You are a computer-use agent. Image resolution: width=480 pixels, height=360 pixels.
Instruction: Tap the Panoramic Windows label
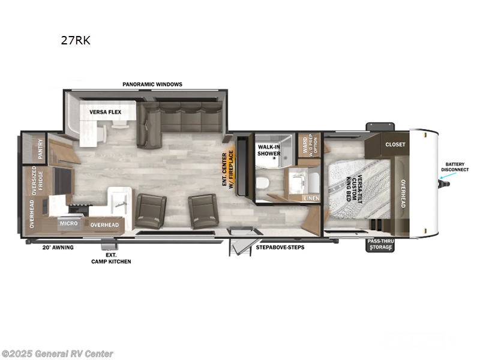point(152,85)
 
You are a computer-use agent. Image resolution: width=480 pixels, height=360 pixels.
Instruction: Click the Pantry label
point(40,148)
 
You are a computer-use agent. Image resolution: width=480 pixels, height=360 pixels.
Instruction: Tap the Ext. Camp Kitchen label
point(111,258)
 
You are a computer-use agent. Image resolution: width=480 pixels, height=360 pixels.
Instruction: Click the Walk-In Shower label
point(269,150)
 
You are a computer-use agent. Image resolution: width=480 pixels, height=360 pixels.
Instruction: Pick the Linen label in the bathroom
point(311,198)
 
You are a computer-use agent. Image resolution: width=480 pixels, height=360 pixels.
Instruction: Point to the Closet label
point(395,145)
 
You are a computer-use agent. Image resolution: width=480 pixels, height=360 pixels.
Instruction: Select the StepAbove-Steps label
point(280,247)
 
